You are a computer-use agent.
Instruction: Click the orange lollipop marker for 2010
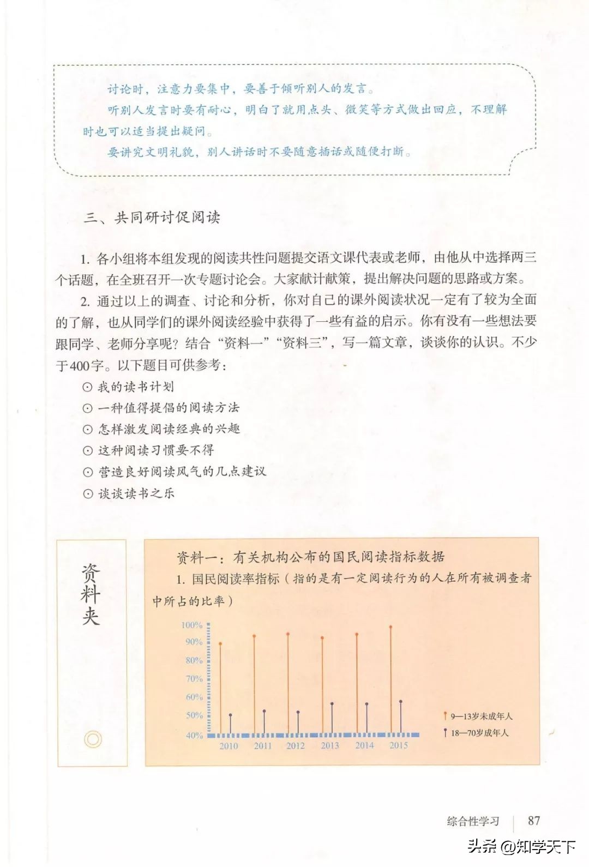[220, 644]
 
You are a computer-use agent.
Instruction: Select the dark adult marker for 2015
[401, 702]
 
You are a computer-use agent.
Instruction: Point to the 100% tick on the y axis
[192, 625]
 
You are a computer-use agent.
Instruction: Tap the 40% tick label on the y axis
[194, 735]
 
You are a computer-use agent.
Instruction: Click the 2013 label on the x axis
[329, 745]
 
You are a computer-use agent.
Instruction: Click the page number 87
[534, 820]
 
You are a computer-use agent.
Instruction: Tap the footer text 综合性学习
[473, 821]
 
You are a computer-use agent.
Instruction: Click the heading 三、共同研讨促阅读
[152, 218]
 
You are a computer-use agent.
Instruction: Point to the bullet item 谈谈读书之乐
[136, 493]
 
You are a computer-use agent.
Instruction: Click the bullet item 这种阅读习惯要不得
[155, 450]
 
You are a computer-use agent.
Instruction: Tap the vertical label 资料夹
[91, 594]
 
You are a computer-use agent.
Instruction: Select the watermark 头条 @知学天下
[521, 846]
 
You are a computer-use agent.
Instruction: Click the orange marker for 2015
[390, 628]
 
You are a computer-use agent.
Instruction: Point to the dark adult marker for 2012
[298, 712]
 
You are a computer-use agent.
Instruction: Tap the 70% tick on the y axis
[194, 679]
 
